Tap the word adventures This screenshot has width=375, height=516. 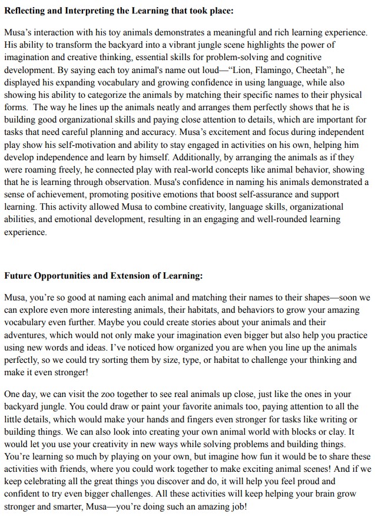click(x=28, y=335)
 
